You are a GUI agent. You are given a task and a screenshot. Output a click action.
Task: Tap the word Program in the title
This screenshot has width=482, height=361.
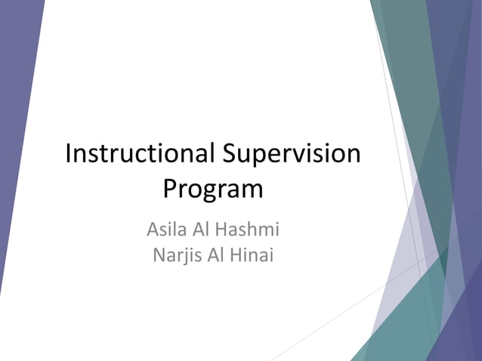pyautogui.click(x=214, y=189)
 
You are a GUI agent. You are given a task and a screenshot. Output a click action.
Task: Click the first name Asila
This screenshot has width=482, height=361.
pyautogui.click(x=168, y=227)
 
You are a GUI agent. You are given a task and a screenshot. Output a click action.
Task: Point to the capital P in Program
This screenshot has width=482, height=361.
pyautogui.click(x=171, y=189)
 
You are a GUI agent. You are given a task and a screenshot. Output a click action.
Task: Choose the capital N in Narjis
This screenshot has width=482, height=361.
pyautogui.click(x=159, y=255)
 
